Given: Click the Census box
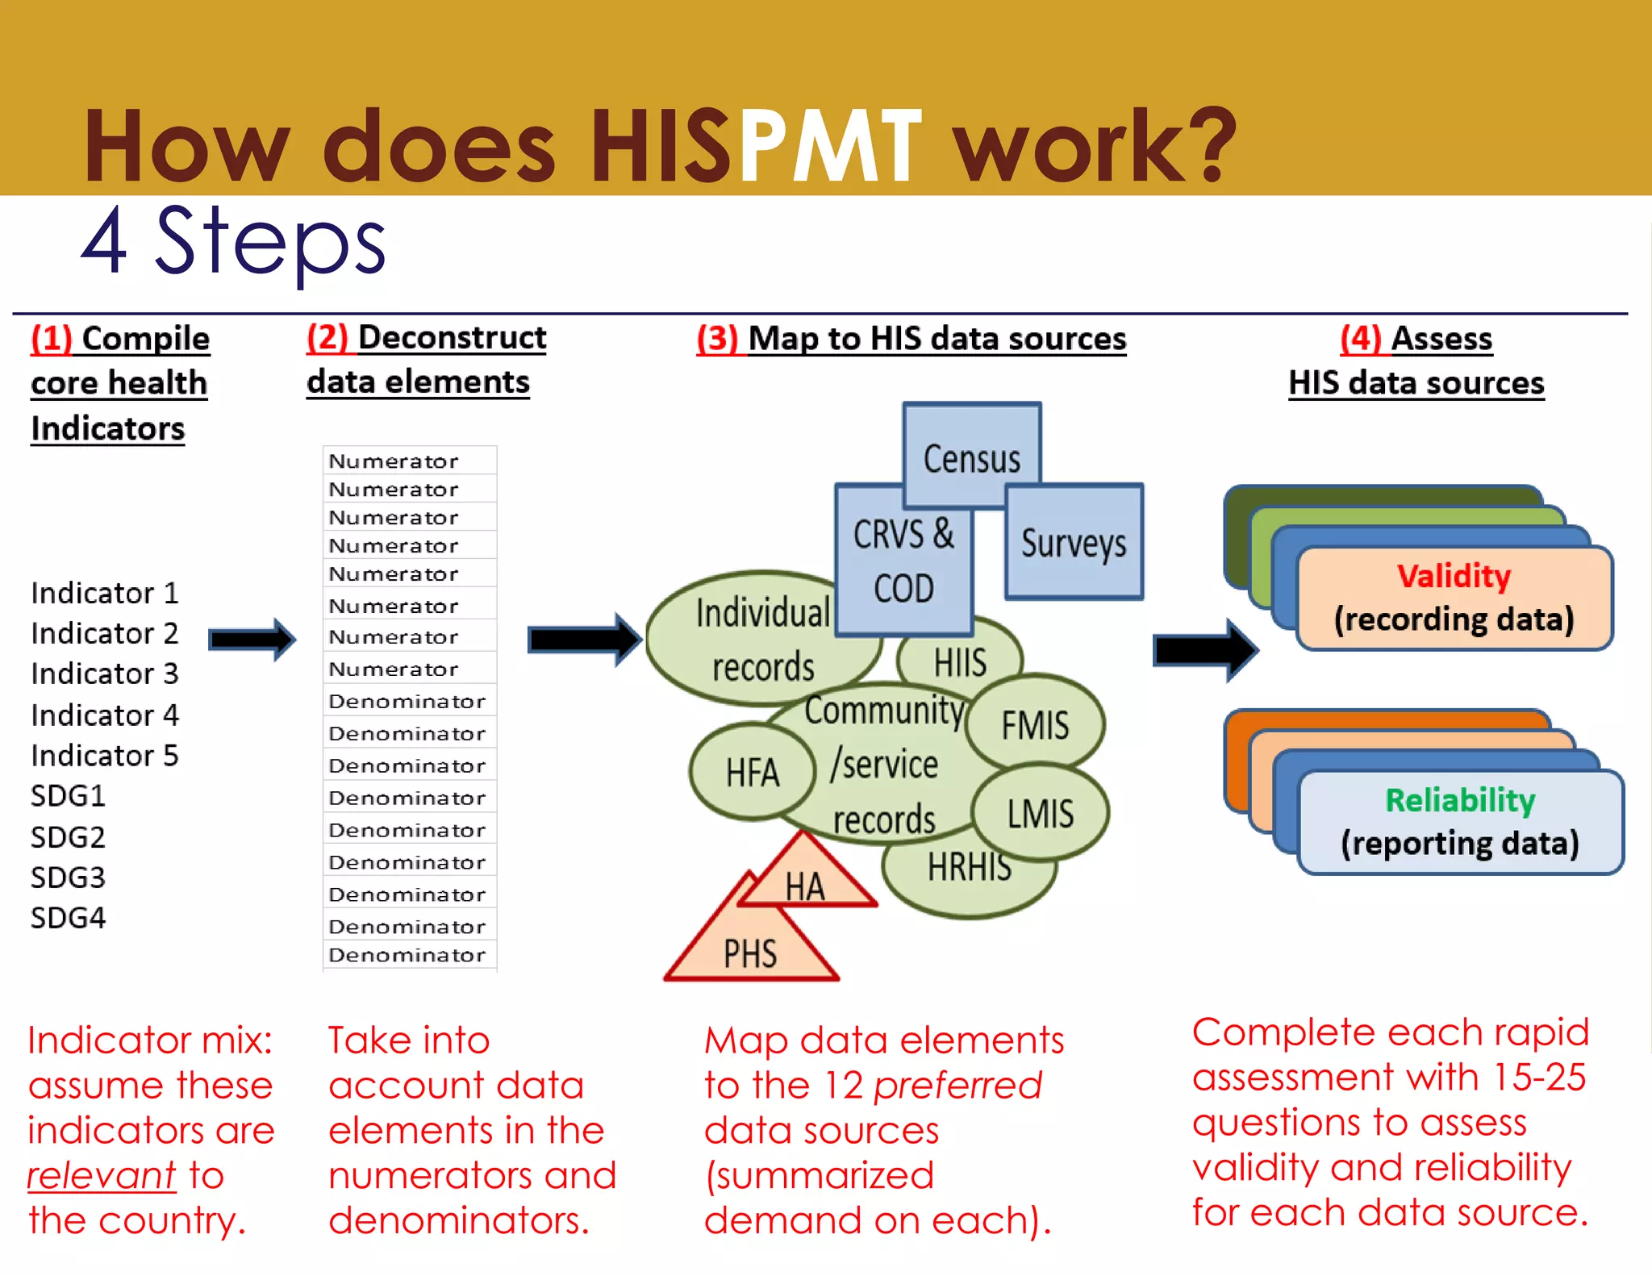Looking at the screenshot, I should pos(971,456).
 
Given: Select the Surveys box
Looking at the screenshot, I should pos(1074,542).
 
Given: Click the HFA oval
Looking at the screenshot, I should pos(752,772).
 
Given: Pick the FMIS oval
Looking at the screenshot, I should pos(1035,723).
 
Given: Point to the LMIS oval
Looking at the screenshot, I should pos(1041,812).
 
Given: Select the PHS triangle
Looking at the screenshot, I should pos(749,952).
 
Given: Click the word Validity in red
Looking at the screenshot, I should pos(1454,576).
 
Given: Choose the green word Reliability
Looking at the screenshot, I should pos(1460,800).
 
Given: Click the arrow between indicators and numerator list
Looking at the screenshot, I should pos(252,640).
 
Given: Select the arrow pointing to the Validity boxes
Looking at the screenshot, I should pos(1204,649).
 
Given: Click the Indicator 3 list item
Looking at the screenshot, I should pos(104,673).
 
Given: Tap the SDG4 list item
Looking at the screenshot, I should pos(68,917).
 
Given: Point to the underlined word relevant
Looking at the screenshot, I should pos(101,1175).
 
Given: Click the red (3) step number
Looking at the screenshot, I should pos(717,339).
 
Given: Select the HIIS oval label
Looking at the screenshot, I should pos(960,663).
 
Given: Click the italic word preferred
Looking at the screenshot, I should pos(957,1085).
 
